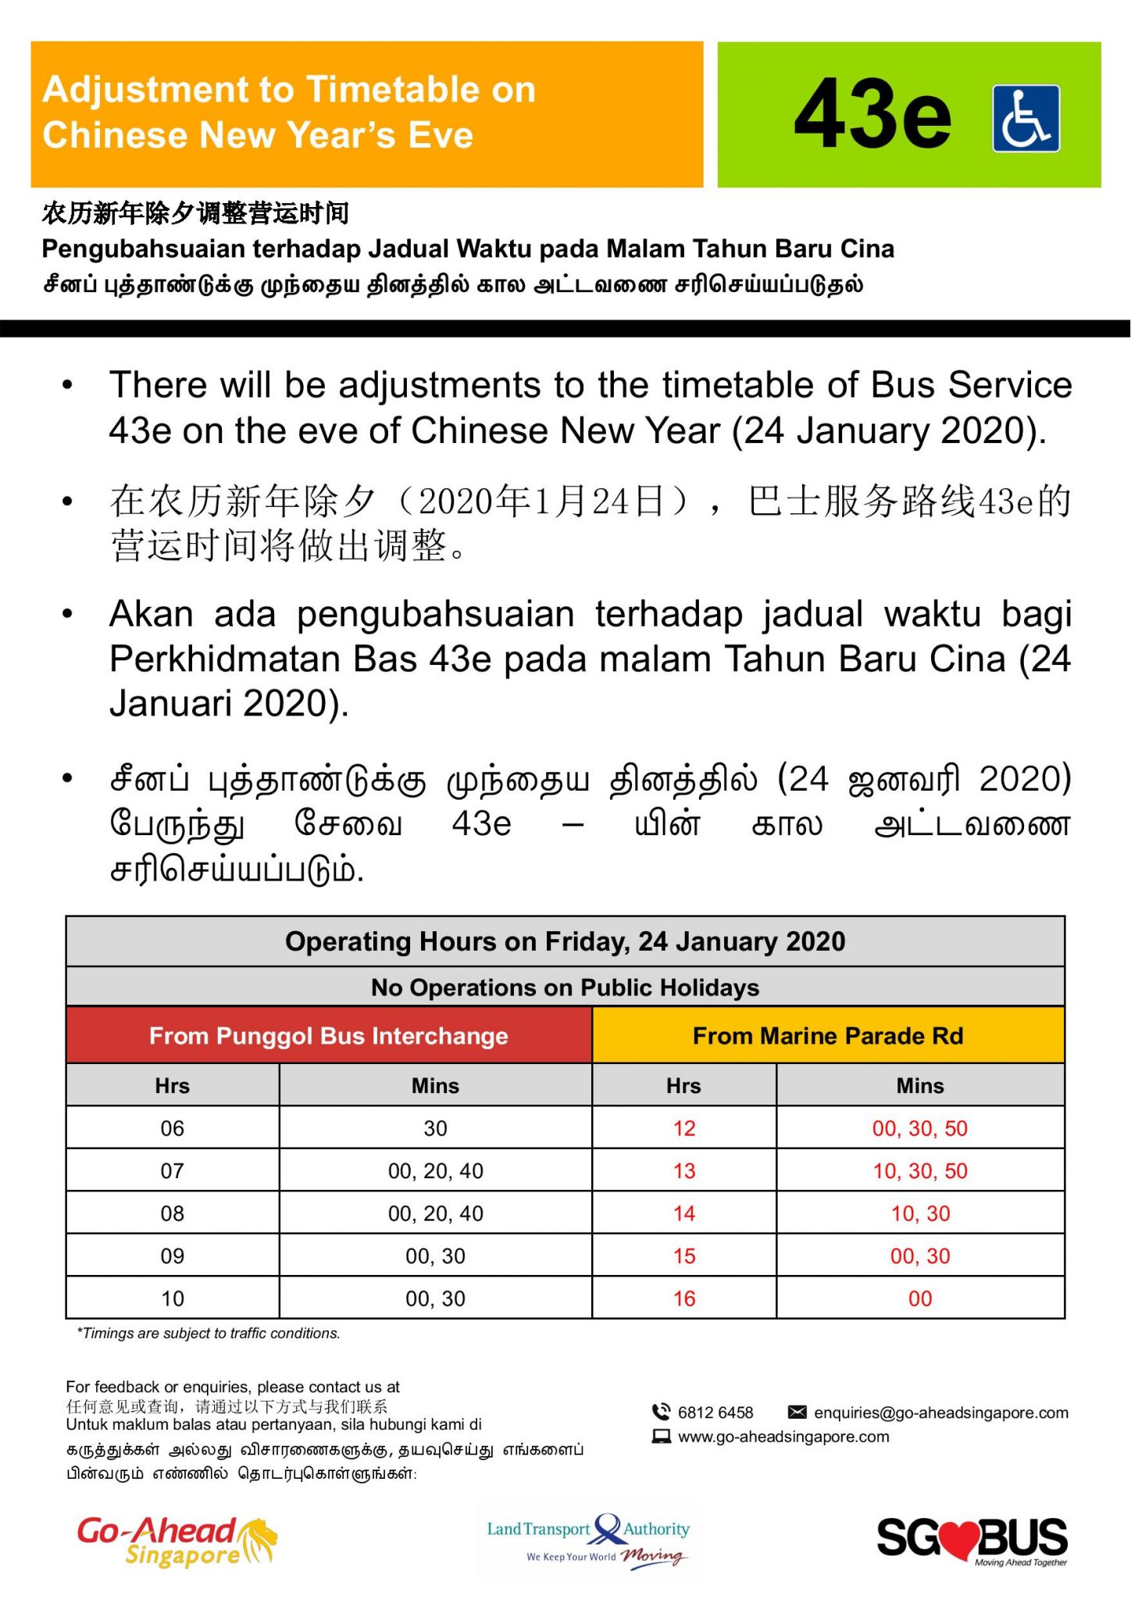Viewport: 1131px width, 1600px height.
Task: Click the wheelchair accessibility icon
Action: pyautogui.click(x=1026, y=118)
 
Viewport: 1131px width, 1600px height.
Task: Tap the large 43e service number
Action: pyautogui.click(x=872, y=115)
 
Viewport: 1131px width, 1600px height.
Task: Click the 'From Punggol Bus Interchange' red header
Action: pyautogui.click(x=329, y=1035)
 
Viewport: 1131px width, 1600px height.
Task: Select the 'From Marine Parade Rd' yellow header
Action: pyautogui.click(x=828, y=1035)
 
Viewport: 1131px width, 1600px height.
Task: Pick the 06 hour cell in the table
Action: pyautogui.click(x=173, y=1128)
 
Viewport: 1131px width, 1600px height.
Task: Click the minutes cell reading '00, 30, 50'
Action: pyautogui.click(x=919, y=1128)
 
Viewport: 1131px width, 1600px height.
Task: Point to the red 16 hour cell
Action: pyautogui.click(x=684, y=1298)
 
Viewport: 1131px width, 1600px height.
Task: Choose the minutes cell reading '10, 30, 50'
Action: pyautogui.click(x=919, y=1171)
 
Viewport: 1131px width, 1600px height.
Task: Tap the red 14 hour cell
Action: pyautogui.click(x=684, y=1213)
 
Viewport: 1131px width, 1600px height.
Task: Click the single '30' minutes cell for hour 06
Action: pyautogui.click(x=435, y=1128)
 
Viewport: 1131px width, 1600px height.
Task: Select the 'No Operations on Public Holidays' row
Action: pyautogui.click(x=565, y=987)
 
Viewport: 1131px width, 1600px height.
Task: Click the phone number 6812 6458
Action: pyautogui.click(x=715, y=1412)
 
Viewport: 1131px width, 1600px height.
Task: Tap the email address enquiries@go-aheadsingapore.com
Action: pyautogui.click(x=940, y=1412)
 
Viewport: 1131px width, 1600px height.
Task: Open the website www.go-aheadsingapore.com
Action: pyautogui.click(x=783, y=1437)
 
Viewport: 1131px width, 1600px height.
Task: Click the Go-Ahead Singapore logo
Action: pyautogui.click(x=177, y=1541)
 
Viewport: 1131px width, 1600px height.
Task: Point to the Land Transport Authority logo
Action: pyautogui.click(x=588, y=1539)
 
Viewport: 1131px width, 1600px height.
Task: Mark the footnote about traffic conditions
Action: pyautogui.click(x=209, y=1334)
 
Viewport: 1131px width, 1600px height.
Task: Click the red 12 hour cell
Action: pyautogui.click(x=684, y=1128)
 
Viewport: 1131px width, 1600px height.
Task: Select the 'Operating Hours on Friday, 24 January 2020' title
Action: pyautogui.click(x=565, y=941)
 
